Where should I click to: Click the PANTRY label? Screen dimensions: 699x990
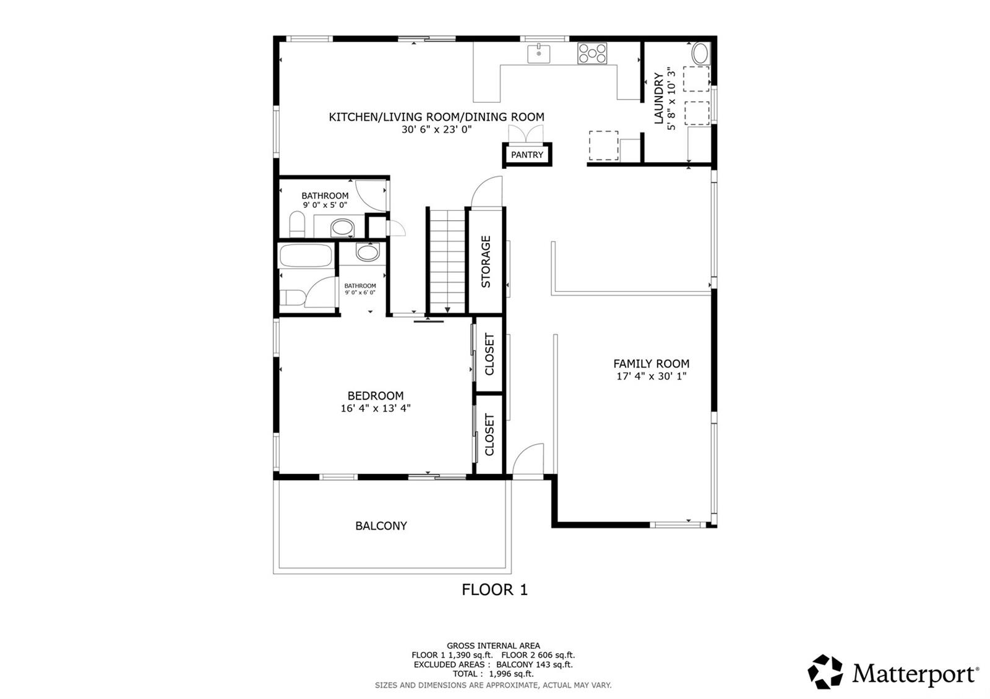(527, 155)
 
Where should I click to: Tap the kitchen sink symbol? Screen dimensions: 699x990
(538, 53)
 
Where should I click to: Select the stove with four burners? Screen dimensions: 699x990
(593, 53)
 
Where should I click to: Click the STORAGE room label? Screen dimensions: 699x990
(486, 261)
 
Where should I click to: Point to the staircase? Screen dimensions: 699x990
(447, 260)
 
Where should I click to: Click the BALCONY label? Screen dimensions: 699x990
(381, 526)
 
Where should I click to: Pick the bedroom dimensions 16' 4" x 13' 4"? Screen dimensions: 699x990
(376, 408)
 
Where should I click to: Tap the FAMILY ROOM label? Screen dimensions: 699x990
(651, 364)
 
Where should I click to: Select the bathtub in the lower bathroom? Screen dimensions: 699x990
(306, 255)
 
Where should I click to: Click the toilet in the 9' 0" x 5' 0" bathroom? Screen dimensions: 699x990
(298, 224)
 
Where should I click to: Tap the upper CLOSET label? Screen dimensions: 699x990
(489, 354)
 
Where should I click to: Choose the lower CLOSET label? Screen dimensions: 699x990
(489, 435)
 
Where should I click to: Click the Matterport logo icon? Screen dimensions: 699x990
(825, 671)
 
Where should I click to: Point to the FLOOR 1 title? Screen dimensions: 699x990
(494, 590)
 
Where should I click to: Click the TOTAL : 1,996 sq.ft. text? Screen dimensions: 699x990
(493, 674)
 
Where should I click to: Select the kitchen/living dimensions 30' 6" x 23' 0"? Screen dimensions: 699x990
(436, 130)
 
